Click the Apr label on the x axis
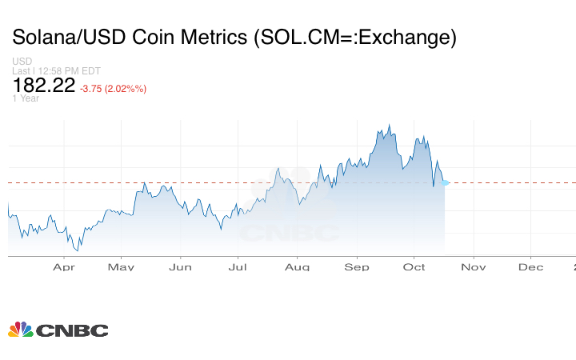[63, 267]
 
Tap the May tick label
[121, 267]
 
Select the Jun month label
[180, 267]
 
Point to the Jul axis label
[238, 267]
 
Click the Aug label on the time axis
[298, 267]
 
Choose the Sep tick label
[357, 267]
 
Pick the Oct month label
[414, 267]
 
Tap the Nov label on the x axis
[474, 267]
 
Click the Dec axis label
[531, 267]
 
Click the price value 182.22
[43, 86]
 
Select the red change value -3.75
[94, 89]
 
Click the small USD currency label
[22, 62]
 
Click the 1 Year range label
[26, 98]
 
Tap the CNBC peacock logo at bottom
[22, 330]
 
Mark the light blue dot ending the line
[446, 183]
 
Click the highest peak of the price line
[389, 125]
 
